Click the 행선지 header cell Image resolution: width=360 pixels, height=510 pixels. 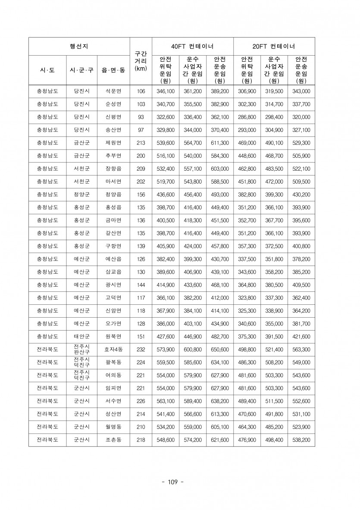[79, 47]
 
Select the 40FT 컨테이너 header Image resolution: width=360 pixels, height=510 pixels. [192, 47]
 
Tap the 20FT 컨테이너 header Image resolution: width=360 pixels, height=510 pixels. [274, 47]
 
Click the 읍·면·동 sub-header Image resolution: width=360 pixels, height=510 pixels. [113, 69]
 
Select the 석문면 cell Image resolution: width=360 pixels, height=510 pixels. [113, 91]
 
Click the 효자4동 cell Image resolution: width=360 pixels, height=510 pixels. [113, 349]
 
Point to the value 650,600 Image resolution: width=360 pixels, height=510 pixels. [220, 349]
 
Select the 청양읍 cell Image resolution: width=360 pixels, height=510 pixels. [113, 194]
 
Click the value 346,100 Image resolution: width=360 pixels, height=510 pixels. [166, 91]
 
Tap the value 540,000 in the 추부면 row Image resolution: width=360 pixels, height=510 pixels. [193, 156]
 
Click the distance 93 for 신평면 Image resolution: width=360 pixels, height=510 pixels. [141, 117]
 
